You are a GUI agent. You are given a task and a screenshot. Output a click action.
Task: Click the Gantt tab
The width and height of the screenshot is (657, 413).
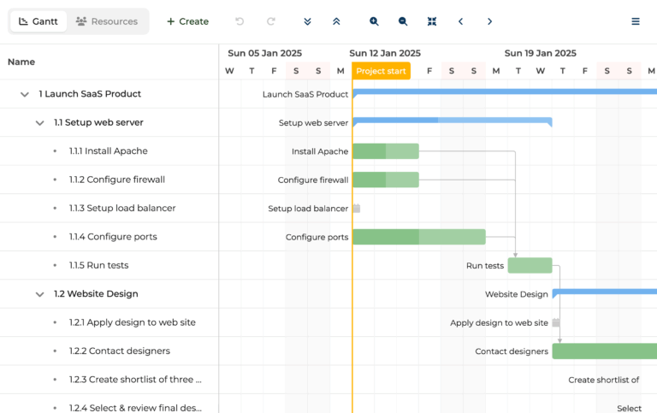[x=38, y=21]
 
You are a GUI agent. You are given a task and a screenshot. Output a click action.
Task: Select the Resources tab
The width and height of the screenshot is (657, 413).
[x=107, y=21]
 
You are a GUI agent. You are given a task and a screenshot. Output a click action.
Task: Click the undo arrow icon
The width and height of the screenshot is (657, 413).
[x=240, y=21]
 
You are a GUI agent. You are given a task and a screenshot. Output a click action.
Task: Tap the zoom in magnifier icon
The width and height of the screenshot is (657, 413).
[x=374, y=21]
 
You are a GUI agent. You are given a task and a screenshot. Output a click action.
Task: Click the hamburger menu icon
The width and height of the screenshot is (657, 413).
[x=636, y=21]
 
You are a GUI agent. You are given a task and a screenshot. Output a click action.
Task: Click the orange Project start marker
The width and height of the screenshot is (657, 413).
[x=382, y=71]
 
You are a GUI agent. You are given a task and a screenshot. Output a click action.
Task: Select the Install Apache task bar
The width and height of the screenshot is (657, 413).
[x=386, y=151]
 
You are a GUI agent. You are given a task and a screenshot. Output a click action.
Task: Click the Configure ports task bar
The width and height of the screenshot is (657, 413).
[x=418, y=237]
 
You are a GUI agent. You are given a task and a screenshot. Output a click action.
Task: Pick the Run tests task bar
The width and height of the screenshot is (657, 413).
[x=530, y=265]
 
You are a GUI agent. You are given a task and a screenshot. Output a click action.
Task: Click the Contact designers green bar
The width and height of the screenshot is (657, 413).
[x=604, y=351]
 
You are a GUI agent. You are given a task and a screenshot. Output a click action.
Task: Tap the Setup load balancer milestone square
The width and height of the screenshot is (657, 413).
[x=357, y=209]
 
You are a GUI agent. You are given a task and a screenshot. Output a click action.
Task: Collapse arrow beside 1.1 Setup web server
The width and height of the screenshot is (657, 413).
[x=39, y=123]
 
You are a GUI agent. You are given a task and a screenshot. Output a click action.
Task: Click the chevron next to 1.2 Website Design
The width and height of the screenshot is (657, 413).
[x=39, y=294]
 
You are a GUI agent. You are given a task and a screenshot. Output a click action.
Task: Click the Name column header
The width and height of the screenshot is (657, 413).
[x=21, y=62]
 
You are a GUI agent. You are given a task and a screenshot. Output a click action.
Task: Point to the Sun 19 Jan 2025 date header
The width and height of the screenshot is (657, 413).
[x=540, y=53]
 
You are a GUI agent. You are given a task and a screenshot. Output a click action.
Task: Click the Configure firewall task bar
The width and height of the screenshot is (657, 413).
[x=386, y=180]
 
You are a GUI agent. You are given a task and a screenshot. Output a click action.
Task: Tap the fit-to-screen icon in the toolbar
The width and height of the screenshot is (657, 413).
[x=432, y=21]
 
